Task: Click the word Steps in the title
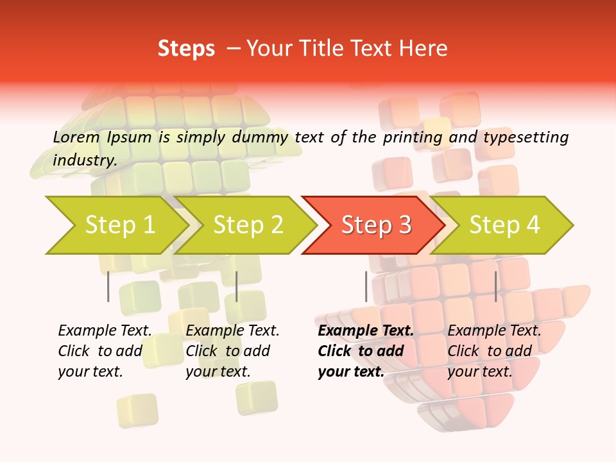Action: click(186, 49)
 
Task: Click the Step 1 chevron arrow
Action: click(116, 225)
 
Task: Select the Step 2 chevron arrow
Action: click(247, 225)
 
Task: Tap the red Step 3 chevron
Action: click(375, 225)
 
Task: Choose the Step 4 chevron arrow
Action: click(504, 225)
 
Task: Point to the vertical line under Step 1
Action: click(108, 286)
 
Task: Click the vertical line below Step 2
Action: click(237, 286)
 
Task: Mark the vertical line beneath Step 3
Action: click(366, 286)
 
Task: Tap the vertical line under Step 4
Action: click(495, 286)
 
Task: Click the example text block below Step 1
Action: click(105, 351)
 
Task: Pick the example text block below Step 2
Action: click(232, 351)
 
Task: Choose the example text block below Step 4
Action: click(494, 351)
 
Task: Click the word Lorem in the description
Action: click(76, 137)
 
